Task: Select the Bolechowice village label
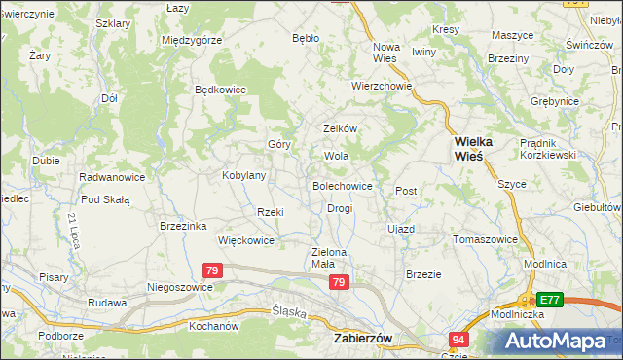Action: (x=342, y=185)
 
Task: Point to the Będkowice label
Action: (x=221, y=90)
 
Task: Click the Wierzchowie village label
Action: (x=383, y=86)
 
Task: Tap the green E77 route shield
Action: (x=550, y=301)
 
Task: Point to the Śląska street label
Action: (x=289, y=313)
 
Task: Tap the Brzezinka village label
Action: (x=183, y=226)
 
